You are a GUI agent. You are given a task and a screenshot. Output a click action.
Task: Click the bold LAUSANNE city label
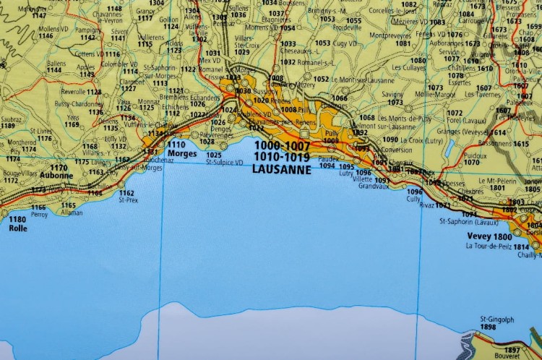click(282, 170)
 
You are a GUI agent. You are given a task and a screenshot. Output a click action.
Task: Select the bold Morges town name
click(181, 153)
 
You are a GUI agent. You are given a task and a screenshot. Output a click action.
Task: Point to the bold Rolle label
click(18, 228)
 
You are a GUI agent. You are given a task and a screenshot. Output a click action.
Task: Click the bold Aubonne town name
click(57, 176)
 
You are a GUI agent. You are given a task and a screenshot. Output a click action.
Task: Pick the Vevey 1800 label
click(489, 237)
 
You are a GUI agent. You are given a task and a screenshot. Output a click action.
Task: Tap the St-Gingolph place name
click(497, 319)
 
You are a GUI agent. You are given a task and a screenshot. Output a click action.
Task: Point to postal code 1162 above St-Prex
click(126, 193)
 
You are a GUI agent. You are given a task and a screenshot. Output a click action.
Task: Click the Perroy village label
click(39, 215)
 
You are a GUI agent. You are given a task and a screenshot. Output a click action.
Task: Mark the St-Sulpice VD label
click(225, 162)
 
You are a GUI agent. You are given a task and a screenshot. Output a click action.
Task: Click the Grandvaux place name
click(374, 186)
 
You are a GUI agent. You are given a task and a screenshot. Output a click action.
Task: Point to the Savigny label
click(392, 94)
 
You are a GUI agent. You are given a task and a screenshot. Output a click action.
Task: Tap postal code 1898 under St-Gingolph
click(488, 327)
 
